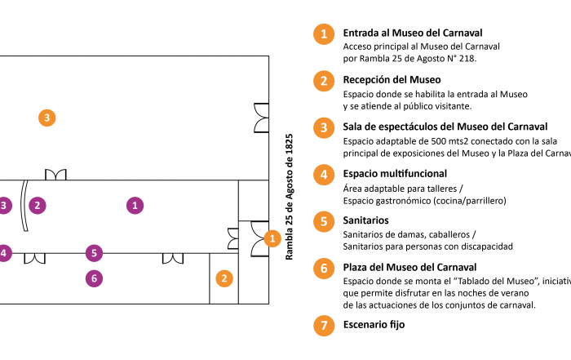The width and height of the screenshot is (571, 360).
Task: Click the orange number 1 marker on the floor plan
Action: pyautogui.click(x=272, y=238)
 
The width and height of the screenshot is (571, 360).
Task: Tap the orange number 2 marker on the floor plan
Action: pyautogui.click(x=224, y=278)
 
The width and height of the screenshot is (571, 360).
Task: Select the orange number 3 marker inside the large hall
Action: pyautogui.click(x=47, y=118)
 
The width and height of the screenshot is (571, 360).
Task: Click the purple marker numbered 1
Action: pyautogui.click(x=135, y=205)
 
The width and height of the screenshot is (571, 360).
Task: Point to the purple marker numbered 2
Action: pyautogui.click(x=37, y=205)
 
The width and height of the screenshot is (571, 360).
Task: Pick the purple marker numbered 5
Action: pyautogui.click(x=95, y=253)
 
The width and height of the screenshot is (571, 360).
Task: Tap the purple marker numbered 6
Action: pyautogui.click(x=95, y=278)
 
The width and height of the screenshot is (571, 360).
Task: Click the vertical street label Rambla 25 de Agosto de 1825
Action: pyautogui.click(x=289, y=196)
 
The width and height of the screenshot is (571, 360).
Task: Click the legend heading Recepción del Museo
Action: pyautogui.click(x=392, y=80)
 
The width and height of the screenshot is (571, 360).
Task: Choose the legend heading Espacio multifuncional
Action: pyautogui.click(x=395, y=174)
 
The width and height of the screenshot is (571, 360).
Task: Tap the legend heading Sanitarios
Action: pyautogui.click(x=365, y=220)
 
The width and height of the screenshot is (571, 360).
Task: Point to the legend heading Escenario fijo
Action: pyautogui.click(x=374, y=324)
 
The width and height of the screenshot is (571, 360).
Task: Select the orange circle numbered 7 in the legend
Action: pyautogui.click(x=324, y=325)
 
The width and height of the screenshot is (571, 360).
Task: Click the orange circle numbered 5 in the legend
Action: pyautogui.click(x=324, y=221)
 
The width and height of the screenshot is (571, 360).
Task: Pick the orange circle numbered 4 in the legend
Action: pyautogui.click(x=324, y=175)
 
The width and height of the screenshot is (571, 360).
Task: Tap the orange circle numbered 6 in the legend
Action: pyautogui.click(x=324, y=268)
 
